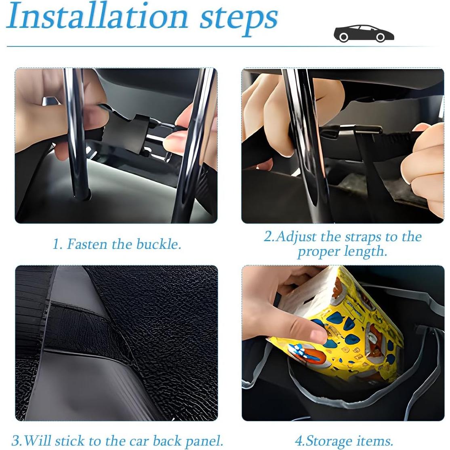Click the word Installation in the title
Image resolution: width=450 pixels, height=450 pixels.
coord(97,17)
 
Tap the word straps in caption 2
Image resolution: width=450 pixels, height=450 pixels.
coord(362,237)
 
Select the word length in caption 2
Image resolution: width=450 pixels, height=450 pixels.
coord(365,251)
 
